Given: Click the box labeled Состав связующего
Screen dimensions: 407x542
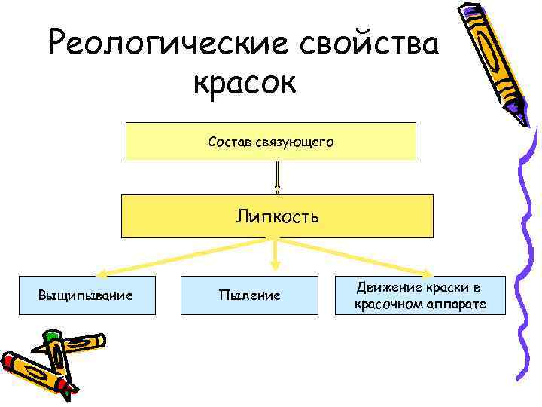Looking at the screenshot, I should (270, 142).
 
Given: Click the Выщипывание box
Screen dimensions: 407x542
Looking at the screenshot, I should (85, 295).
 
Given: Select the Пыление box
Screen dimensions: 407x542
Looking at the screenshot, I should (249, 295).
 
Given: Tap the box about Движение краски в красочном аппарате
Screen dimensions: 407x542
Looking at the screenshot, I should (420, 295).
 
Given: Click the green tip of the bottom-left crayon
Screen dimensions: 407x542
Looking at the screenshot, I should (50, 335).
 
